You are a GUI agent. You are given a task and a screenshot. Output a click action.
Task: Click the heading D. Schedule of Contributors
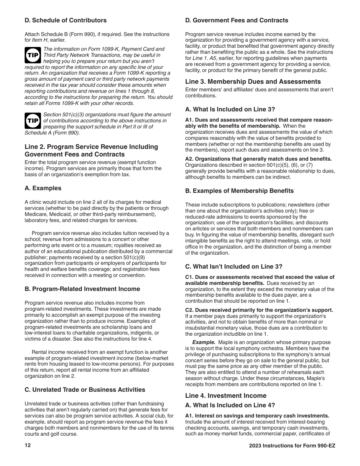[x=65, y=20]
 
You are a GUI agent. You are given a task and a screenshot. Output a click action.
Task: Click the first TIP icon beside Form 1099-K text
[x=32, y=55]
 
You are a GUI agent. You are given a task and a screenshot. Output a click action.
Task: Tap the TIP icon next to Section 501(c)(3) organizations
[x=32, y=121]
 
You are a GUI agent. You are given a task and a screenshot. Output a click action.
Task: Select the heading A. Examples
[x=43, y=188]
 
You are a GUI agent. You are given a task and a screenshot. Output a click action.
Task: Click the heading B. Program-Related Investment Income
[x=82, y=289]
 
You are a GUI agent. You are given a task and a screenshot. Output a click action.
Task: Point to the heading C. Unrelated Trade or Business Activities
[x=85, y=390]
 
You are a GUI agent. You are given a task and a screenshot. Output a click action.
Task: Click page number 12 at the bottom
[x=27, y=446]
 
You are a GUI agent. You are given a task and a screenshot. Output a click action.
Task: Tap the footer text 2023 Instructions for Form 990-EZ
[x=290, y=446]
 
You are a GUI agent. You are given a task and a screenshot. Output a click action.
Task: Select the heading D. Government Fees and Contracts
[x=236, y=20]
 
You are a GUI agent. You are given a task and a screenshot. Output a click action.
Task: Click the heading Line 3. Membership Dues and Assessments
[x=253, y=82]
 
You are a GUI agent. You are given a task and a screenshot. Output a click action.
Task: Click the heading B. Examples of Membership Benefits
[x=239, y=191]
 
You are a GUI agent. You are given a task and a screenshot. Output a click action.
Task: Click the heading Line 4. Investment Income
[x=225, y=396]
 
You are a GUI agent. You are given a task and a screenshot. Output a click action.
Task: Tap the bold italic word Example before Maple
[x=203, y=342]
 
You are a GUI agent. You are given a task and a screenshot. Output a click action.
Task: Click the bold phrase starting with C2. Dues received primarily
[x=259, y=310]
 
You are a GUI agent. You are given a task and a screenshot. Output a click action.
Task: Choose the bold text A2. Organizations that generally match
[x=258, y=159]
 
